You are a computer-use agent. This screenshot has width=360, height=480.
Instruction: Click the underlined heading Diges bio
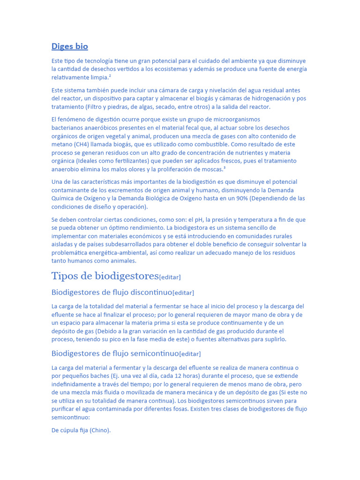point(69,46)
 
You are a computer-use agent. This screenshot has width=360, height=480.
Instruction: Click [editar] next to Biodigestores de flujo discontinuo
point(183,293)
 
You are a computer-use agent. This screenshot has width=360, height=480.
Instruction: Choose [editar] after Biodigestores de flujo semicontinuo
point(190,354)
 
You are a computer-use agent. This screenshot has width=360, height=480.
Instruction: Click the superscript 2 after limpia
point(110,76)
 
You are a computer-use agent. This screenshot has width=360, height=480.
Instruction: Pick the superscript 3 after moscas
point(225,168)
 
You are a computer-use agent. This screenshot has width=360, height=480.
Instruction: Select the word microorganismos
point(231,120)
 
